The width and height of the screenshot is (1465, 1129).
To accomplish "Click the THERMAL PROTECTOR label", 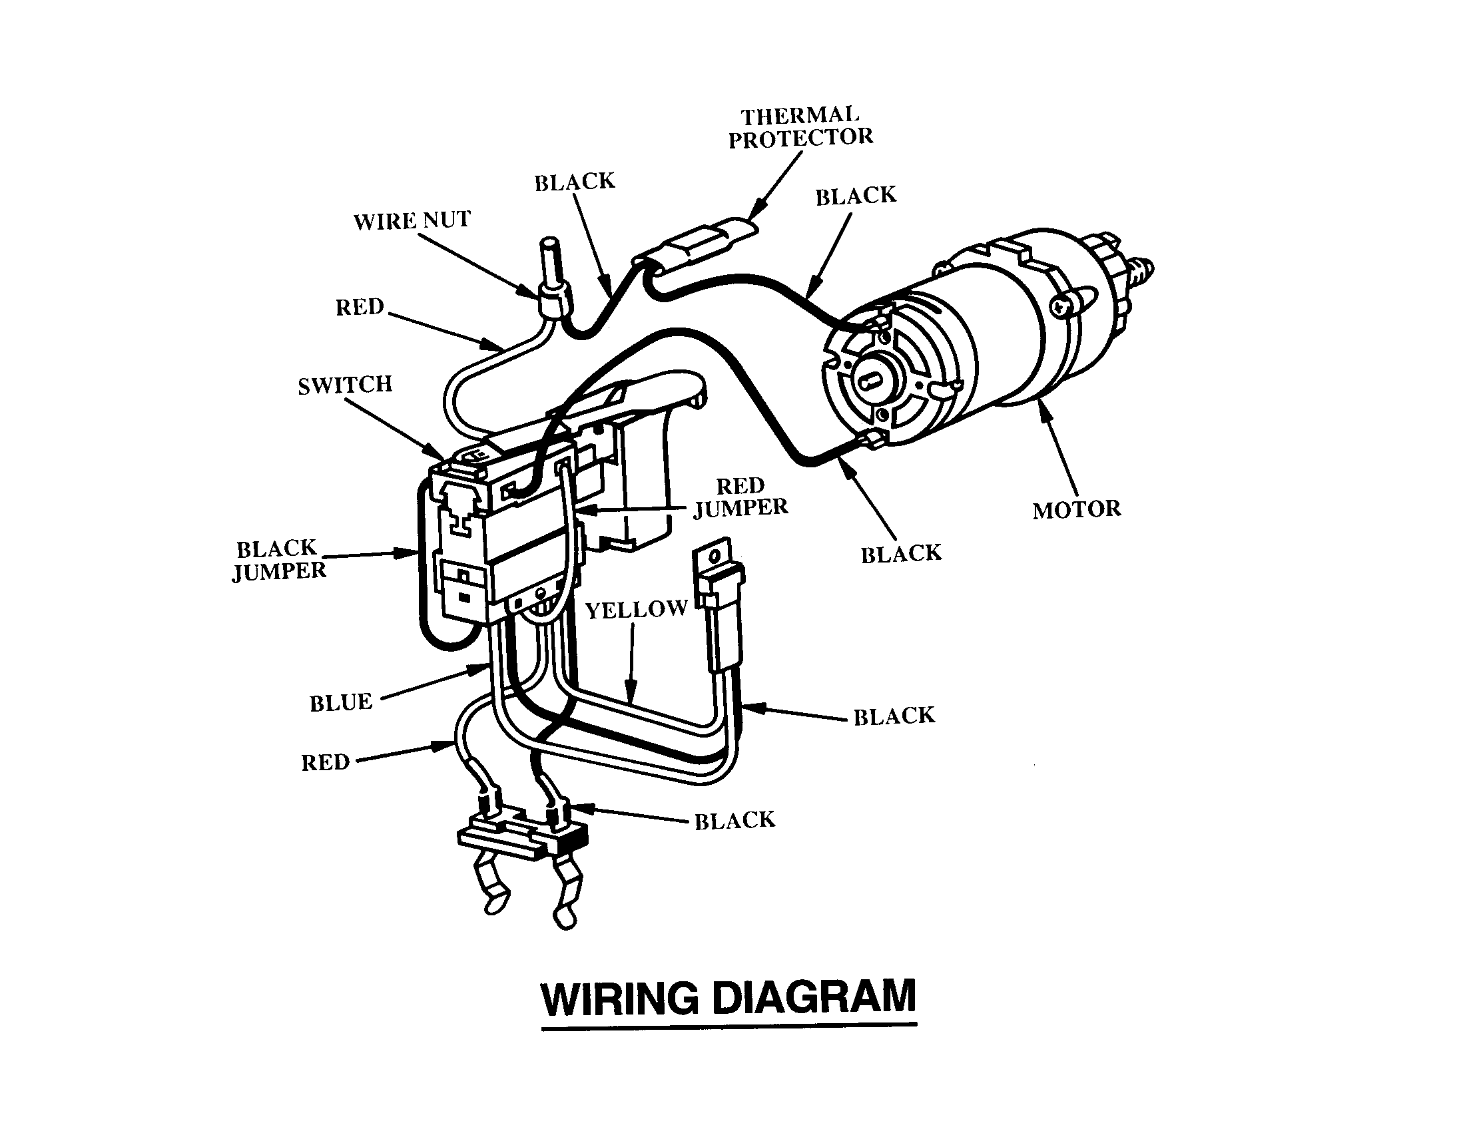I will tap(800, 127).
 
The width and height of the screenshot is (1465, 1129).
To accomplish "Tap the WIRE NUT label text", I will tap(412, 220).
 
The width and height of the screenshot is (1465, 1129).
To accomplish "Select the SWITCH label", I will tap(345, 385).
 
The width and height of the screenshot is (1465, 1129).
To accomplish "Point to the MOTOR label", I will tap(1077, 509).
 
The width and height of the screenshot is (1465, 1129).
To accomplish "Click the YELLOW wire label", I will tap(636, 609).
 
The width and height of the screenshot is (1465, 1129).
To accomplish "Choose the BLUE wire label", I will tap(340, 702).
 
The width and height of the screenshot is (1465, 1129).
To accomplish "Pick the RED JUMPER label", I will tap(740, 497).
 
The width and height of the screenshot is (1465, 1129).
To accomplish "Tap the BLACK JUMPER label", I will tap(278, 560).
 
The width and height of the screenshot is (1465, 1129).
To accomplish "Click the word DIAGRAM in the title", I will tap(813, 998).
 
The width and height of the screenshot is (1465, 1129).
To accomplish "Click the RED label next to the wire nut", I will tap(360, 307).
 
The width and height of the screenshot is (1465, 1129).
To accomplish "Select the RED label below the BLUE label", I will tap(326, 762).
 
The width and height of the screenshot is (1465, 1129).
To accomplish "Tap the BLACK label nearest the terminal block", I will tap(734, 821).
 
